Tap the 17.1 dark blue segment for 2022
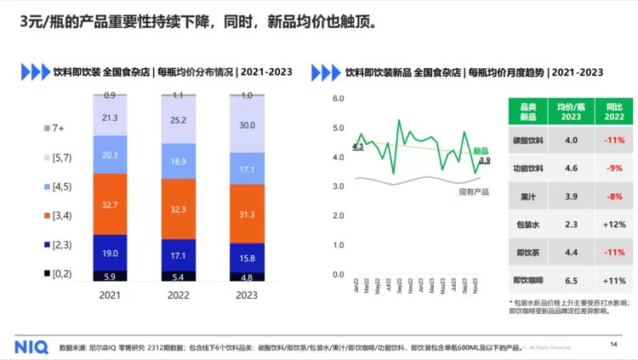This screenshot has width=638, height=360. coord(178,255)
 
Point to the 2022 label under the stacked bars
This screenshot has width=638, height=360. coord(178,294)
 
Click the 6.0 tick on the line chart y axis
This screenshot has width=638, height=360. coord(338,99)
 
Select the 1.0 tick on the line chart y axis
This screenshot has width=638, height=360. coord(338,245)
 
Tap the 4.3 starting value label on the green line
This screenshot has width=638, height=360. coord(357,147)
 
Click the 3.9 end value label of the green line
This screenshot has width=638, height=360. coord(484,160)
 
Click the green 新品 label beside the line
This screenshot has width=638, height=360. coord(481,149)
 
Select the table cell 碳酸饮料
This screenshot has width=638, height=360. coord(527,140)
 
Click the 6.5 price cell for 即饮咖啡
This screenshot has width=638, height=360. coord(572,280)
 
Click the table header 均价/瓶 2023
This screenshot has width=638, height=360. coord(572,111)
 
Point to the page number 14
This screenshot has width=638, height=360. coord(614,344)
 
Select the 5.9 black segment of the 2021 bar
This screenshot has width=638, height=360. coord(110,277)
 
